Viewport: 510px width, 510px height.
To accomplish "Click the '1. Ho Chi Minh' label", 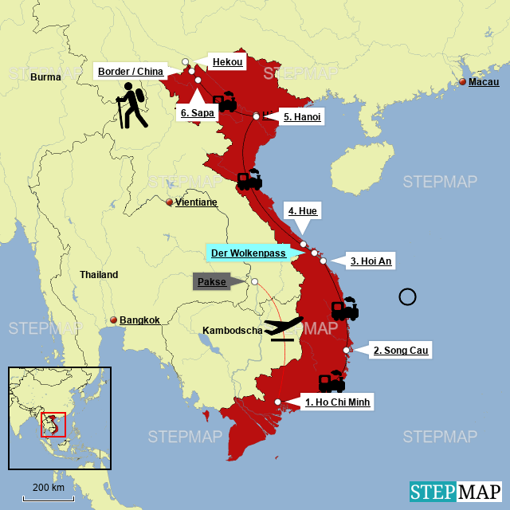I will pos(338,402).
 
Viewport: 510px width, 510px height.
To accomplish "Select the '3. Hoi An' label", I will pos(371,261).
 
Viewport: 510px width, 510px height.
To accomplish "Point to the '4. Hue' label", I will pos(303,211).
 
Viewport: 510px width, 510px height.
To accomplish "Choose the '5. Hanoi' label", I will pos(302,117).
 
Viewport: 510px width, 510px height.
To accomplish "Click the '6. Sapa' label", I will pos(196,113).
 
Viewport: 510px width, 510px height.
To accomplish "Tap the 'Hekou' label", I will pos(226,61).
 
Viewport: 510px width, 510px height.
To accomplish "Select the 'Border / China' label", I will pos(131,72).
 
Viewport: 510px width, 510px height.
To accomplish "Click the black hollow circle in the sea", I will pos(407,297).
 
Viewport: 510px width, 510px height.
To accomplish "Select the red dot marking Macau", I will pos(462,82).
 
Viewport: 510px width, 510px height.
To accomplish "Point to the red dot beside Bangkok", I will pos(114,320).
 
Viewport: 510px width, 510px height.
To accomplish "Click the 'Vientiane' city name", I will pos(196,202).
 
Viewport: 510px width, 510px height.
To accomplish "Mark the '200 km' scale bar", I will pos(49,498).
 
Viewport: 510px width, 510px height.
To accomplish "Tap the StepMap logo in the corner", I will pos(456,492).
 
